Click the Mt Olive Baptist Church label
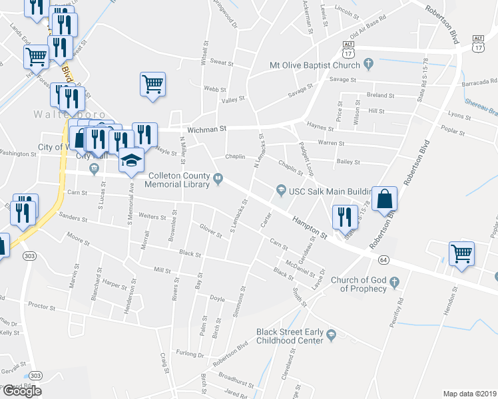point(314,65)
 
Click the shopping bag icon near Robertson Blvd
point(384,199)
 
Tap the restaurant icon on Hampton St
point(344,217)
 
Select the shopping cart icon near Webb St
point(153,84)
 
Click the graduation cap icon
point(131,160)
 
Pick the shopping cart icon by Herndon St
point(462,253)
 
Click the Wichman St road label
point(207,130)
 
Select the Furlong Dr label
point(190,356)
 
